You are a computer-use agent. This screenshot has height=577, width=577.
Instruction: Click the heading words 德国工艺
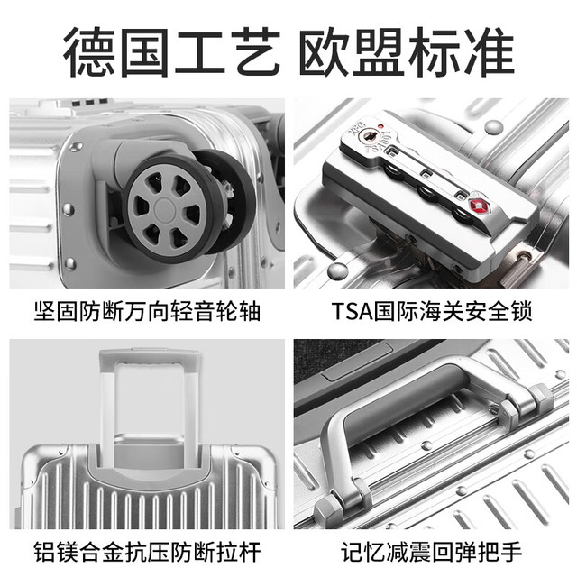(x=172, y=51)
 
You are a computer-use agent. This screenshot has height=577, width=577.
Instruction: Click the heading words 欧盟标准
(x=407, y=51)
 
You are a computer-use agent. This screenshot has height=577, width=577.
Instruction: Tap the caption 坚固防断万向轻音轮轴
(x=147, y=311)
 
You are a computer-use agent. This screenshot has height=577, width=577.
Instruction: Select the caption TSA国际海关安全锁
(x=431, y=311)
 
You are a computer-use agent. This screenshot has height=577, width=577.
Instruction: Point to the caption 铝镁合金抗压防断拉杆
(x=147, y=552)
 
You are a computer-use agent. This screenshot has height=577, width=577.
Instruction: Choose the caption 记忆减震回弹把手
(x=431, y=552)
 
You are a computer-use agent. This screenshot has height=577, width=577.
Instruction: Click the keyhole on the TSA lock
(x=369, y=136)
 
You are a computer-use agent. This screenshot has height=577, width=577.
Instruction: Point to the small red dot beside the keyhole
(x=380, y=126)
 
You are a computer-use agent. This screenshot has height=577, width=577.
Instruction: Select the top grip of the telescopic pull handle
(x=150, y=357)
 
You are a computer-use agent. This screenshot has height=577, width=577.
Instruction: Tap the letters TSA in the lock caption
(x=352, y=311)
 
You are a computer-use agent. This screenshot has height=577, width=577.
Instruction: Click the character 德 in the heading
(x=90, y=51)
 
